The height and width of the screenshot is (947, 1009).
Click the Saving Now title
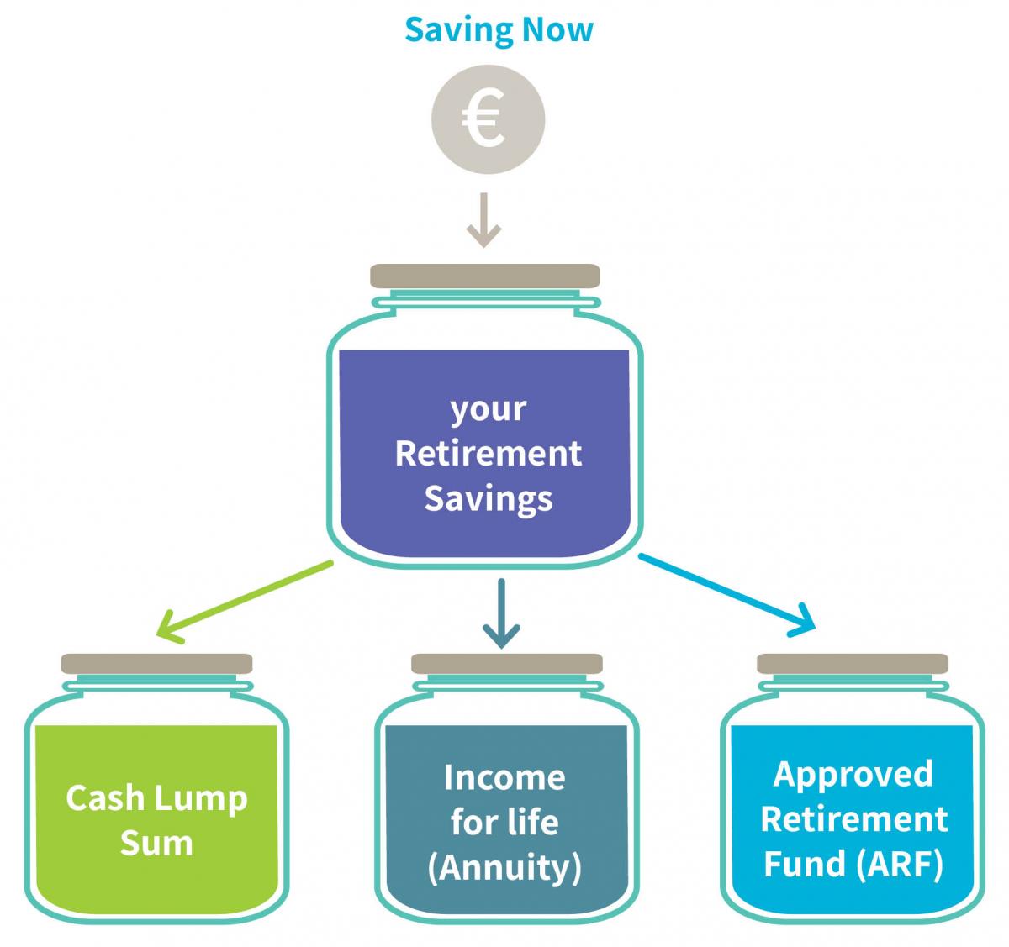pyautogui.click(x=499, y=30)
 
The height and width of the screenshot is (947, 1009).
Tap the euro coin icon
pyautogui.click(x=489, y=119)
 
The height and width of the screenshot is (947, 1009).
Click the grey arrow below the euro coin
pyautogui.click(x=483, y=220)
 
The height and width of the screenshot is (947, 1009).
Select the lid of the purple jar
pyautogui.click(x=484, y=276)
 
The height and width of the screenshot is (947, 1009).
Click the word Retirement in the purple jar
pyautogui.click(x=489, y=454)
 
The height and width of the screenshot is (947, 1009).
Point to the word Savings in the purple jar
pyautogui.click(x=489, y=500)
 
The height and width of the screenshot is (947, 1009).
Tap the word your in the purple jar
pyautogui.click(x=489, y=410)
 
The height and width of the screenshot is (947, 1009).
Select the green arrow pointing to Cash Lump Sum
pyautogui.click(x=245, y=602)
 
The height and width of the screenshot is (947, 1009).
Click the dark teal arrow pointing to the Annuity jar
pyautogui.click(x=501, y=613)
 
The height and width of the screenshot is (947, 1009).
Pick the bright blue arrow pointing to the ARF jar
pyautogui.click(x=727, y=595)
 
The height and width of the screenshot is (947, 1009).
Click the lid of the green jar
pyautogui.click(x=156, y=664)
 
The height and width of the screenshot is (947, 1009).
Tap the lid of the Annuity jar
pyautogui.click(x=506, y=664)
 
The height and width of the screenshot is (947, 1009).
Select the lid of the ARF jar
pyautogui.click(x=853, y=664)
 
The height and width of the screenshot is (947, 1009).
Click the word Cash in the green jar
pyautogui.click(x=105, y=797)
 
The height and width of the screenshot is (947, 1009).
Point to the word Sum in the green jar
pyautogui.click(x=156, y=844)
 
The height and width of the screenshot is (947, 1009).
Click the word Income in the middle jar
pyautogui.click(x=504, y=777)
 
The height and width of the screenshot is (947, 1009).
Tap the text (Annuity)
pyautogui.click(x=504, y=869)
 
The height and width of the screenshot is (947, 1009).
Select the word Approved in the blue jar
pyautogui.click(x=853, y=776)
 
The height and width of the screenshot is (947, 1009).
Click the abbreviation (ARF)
pyautogui.click(x=900, y=864)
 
